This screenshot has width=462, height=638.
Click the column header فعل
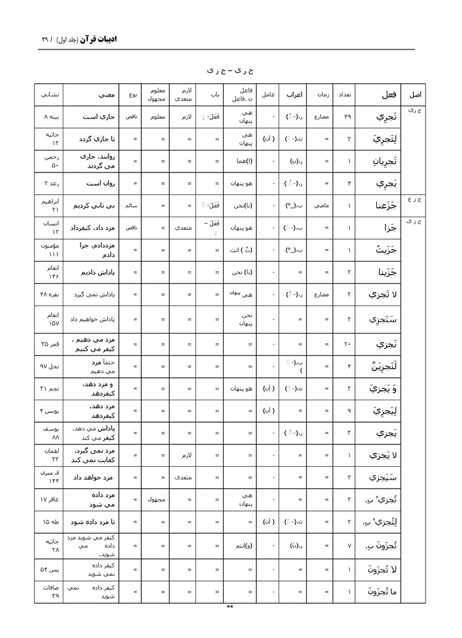(x=388, y=94)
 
